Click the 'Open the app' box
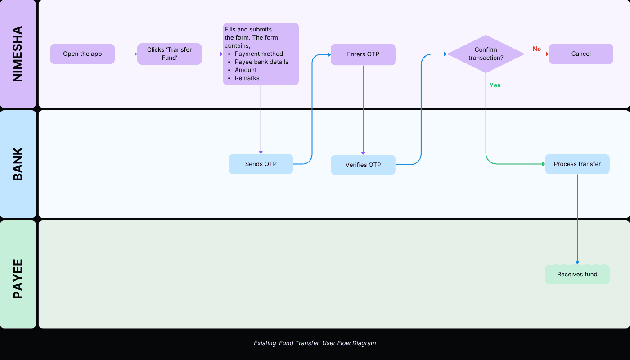(x=82, y=54)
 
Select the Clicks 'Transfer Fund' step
(x=169, y=54)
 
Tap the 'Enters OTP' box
(x=363, y=54)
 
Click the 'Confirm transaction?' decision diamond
(x=486, y=54)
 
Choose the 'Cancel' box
(x=581, y=54)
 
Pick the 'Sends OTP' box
(x=261, y=164)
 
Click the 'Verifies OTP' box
(x=363, y=165)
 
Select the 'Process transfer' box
(x=577, y=164)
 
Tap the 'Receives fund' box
(x=577, y=274)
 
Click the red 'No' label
(x=537, y=49)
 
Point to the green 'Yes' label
(x=495, y=85)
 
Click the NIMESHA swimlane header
(x=18, y=54)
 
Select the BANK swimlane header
(x=18, y=164)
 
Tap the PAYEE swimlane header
(x=18, y=274)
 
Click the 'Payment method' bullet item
(x=259, y=54)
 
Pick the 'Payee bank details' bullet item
(x=261, y=62)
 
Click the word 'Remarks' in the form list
(x=247, y=78)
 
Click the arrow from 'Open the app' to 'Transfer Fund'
(x=126, y=54)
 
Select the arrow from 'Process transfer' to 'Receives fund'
(x=577, y=219)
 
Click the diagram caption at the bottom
(x=315, y=343)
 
